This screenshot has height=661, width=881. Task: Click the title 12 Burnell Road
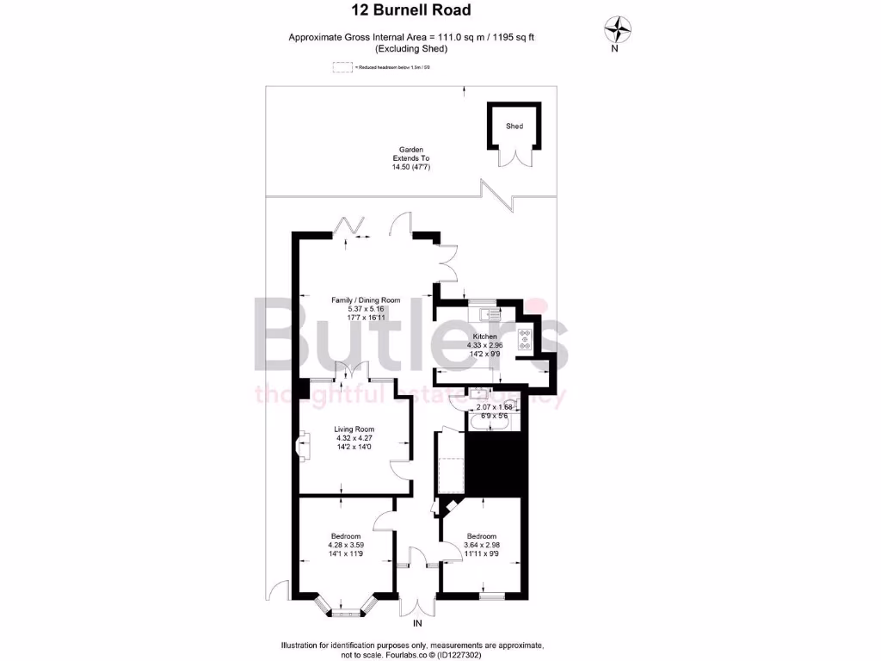point(411,11)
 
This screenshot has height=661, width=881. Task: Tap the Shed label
point(514,127)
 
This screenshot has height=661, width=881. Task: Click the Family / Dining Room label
point(367,300)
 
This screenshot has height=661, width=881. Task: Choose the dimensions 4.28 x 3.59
point(346,545)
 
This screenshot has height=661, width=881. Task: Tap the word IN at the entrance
point(418,623)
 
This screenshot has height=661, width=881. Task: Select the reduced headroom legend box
point(342,66)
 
